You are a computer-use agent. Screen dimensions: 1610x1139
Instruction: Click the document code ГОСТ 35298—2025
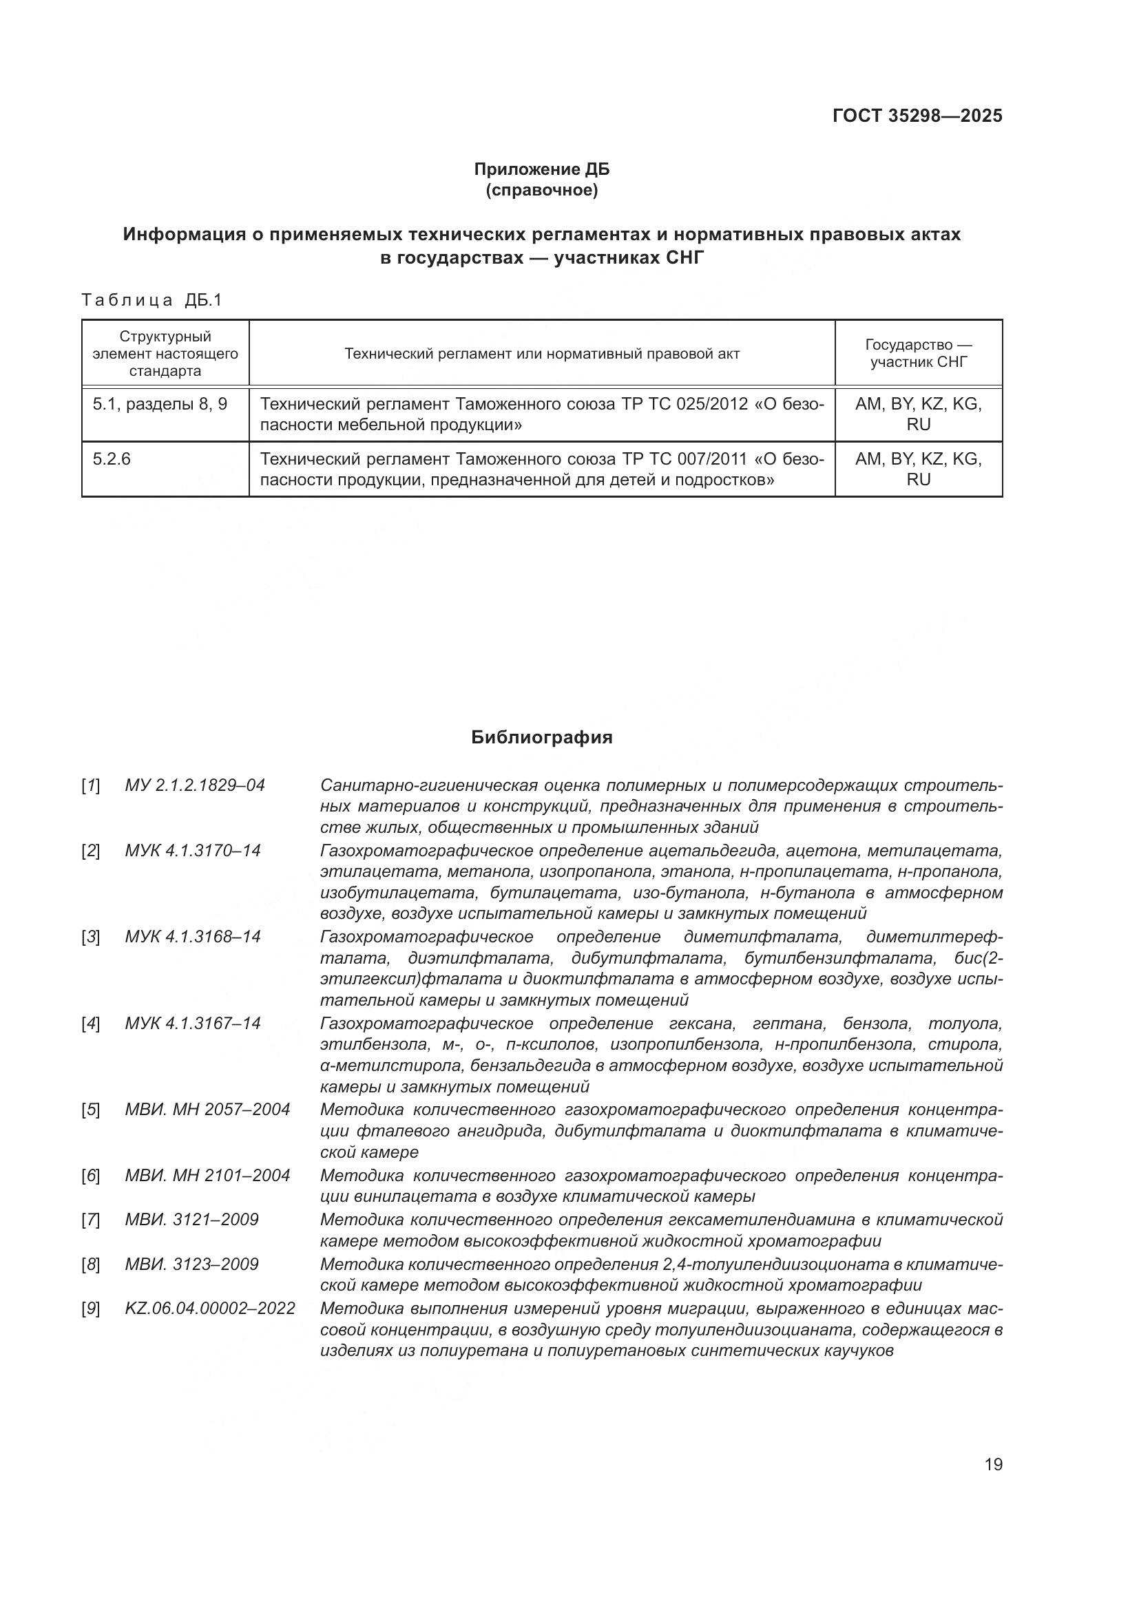[x=917, y=116]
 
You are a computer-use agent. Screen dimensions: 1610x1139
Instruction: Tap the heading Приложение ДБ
[x=541, y=169]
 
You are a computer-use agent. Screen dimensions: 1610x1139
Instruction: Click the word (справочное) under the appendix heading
[x=541, y=190]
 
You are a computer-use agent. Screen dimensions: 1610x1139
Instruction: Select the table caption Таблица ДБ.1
[x=151, y=300]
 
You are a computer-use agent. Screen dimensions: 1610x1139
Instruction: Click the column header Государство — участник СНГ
[x=918, y=353]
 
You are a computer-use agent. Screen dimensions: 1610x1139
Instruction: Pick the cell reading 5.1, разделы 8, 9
[x=160, y=404]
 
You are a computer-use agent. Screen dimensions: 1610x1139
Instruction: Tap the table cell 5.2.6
[x=112, y=459]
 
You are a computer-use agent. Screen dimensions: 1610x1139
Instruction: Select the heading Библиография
[x=541, y=737]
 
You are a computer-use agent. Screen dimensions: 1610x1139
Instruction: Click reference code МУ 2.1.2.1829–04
[x=195, y=785]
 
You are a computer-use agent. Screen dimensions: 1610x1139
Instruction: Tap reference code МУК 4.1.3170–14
[x=193, y=851]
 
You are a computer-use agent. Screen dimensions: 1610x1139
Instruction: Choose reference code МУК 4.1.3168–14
[x=193, y=937]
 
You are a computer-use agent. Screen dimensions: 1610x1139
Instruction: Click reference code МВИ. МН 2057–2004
[x=207, y=1110]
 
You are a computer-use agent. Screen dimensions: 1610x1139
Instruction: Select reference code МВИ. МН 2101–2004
[x=207, y=1175]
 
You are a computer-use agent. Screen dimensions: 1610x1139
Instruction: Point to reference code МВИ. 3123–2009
[x=191, y=1264]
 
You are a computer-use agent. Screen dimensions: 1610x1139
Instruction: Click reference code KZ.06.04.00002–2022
[x=211, y=1308]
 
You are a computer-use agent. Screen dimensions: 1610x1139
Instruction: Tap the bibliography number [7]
[x=90, y=1220]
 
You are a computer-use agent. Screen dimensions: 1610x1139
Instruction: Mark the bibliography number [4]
[x=90, y=1024]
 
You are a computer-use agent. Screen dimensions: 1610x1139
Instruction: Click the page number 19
[x=993, y=1464]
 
